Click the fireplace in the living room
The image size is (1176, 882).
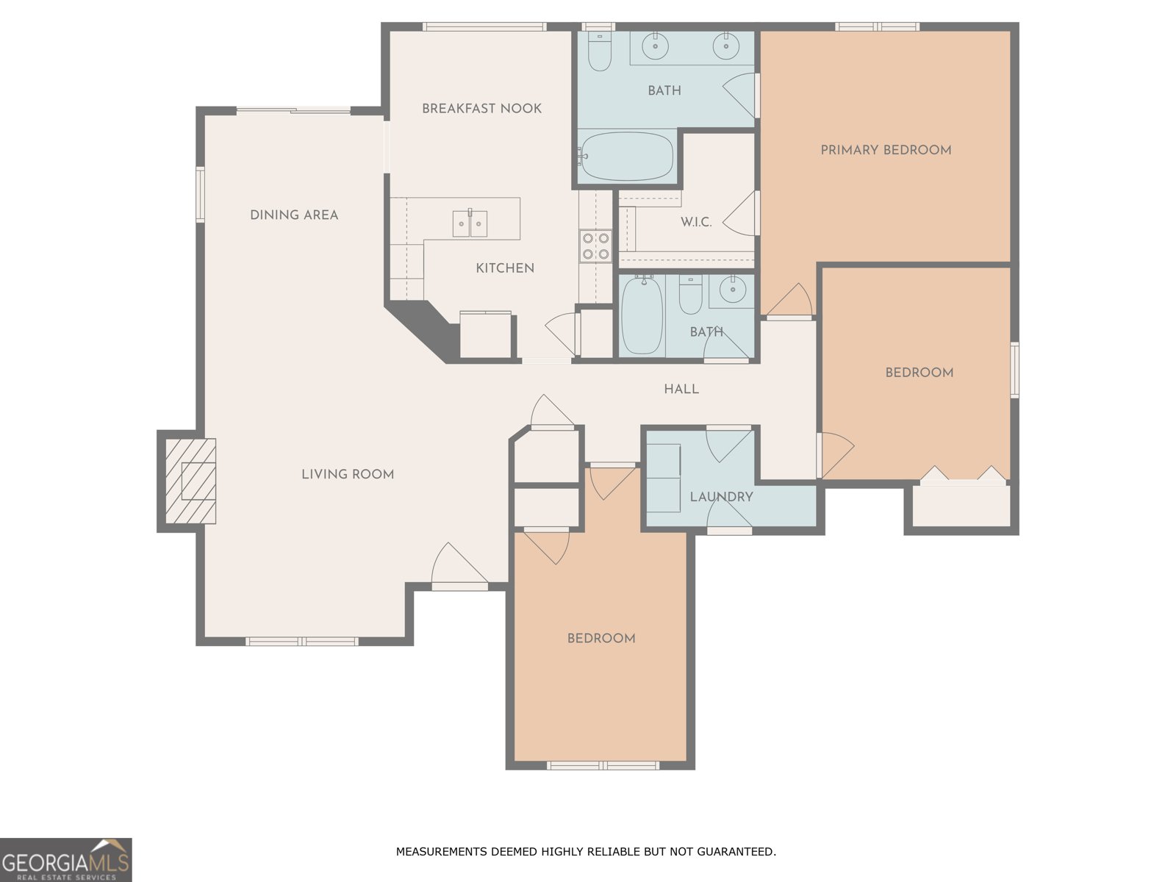click(x=190, y=481)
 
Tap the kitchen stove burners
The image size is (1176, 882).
click(x=595, y=245)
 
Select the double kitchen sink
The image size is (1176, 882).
click(x=470, y=223)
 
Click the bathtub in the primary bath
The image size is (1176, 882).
click(x=627, y=157)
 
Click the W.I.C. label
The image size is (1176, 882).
click(x=696, y=222)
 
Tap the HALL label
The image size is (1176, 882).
click(x=681, y=390)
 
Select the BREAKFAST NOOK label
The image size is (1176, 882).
click(x=481, y=109)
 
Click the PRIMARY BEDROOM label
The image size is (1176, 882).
click(x=886, y=150)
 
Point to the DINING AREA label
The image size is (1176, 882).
click(x=294, y=215)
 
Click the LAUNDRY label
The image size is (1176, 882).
click(x=721, y=497)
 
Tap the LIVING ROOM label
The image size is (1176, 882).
click(x=348, y=474)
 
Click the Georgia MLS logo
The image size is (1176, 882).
click(x=66, y=859)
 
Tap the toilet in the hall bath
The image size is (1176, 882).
click(x=691, y=294)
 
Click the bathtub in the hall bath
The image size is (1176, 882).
click(x=642, y=315)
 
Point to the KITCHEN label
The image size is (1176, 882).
click(x=505, y=268)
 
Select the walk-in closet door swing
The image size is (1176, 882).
click(x=740, y=213)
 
